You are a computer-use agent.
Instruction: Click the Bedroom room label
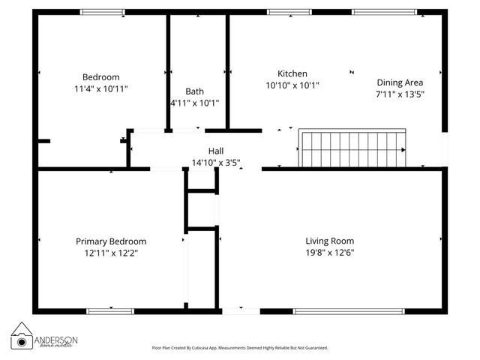click(100, 76)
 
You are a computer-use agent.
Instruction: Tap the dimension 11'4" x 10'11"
click(100, 88)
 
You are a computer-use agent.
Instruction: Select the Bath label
click(194, 91)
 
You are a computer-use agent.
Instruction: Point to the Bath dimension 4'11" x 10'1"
click(195, 103)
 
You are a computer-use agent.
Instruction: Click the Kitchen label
click(292, 73)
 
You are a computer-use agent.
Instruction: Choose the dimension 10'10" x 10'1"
click(292, 85)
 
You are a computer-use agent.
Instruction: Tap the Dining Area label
click(399, 82)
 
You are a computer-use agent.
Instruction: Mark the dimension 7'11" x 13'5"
click(399, 94)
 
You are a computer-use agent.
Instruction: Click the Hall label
click(216, 151)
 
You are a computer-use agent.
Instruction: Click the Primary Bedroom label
click(111, 241)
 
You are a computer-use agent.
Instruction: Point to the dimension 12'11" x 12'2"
click(111, 253)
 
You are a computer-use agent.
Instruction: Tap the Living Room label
click(329, 241)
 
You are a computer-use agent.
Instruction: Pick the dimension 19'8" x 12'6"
click(329, 253)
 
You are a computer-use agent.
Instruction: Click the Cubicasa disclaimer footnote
click(240, 348)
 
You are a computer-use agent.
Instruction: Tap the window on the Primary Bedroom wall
click(110, 311)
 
